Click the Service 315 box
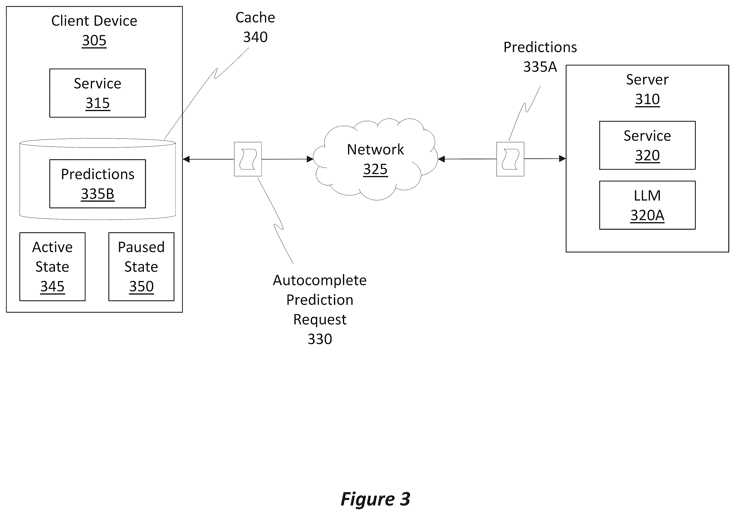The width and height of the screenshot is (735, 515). tap(98, 93)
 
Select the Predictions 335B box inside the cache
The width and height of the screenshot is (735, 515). tap(98, 184)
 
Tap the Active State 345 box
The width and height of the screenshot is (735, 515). tap(52, 267)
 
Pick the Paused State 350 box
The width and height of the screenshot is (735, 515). tap(142, 267)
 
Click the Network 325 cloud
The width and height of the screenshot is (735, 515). tap(375, 159)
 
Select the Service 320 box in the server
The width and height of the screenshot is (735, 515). tap(647, 145)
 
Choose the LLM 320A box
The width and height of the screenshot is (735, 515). tap(647, 205)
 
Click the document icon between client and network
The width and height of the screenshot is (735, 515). tap(248, 159)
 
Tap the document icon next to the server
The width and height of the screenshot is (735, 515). tap(510, 159)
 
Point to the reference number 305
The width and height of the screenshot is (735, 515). tap(94, 40)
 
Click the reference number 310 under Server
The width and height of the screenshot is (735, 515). tap(647, 99)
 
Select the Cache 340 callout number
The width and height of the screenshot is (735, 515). tap(255, 37)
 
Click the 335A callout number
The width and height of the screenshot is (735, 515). tap(540, 67)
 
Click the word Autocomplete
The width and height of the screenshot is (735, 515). tap(320, 280)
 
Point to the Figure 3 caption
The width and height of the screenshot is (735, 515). tap(375, 499)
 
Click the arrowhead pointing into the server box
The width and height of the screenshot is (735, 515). tap(563, 158)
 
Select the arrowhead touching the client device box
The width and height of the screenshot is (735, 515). tap(186, 159)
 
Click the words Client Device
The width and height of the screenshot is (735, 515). tap(94, 21)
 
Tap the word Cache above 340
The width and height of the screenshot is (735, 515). tap(255, 18)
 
